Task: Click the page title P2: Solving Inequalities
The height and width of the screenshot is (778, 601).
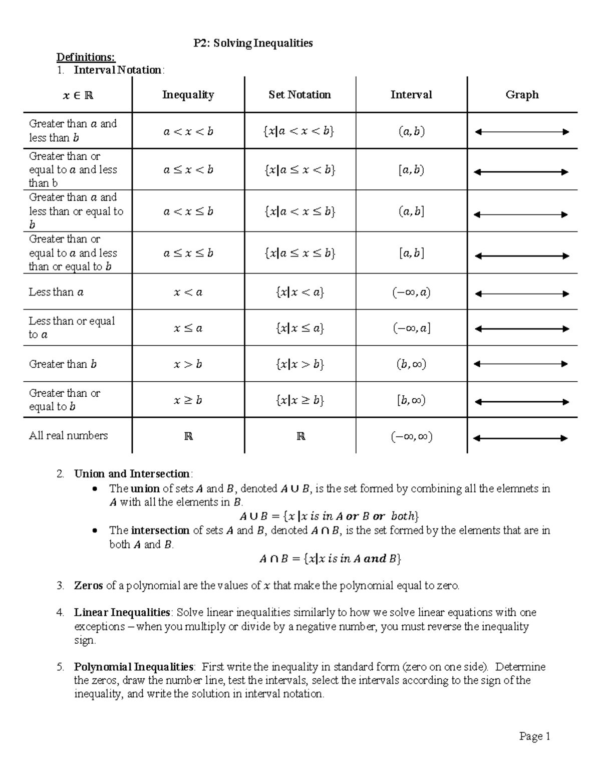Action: click(x=253, y=43)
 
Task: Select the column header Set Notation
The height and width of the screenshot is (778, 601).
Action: click(x=299, y=95)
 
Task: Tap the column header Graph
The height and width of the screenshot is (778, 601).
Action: click(x=522, y=95)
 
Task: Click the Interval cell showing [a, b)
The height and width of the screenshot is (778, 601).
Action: click(x=411, y=170)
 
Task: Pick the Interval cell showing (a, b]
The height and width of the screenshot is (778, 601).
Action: click(x=411, y=211)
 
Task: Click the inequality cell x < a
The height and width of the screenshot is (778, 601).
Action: click(x=188, y=292)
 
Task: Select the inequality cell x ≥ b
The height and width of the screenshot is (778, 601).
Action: click(x=188, y=400)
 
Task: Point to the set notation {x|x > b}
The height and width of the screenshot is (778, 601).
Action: click(x=299, y=364)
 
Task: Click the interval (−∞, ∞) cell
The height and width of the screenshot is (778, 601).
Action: click(x=411, y=437)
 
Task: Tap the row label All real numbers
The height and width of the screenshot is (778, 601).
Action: click(x=68, y=435)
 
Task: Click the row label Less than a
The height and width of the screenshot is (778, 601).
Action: click(x=56, y=292)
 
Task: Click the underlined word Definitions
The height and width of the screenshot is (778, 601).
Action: click(x=85, y=57)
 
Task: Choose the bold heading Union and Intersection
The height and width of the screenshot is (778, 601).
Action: click(x=132, y=474)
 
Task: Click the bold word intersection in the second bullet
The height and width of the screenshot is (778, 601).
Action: click(x=160, y=530)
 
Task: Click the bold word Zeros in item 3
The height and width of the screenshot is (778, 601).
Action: click(x=88, y=585)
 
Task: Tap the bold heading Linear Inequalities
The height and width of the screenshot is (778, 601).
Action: click(x=122, y=612)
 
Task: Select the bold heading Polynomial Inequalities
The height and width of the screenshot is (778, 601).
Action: click(x=134, y=667)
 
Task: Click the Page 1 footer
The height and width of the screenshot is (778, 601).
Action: click(x=534, y=736)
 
